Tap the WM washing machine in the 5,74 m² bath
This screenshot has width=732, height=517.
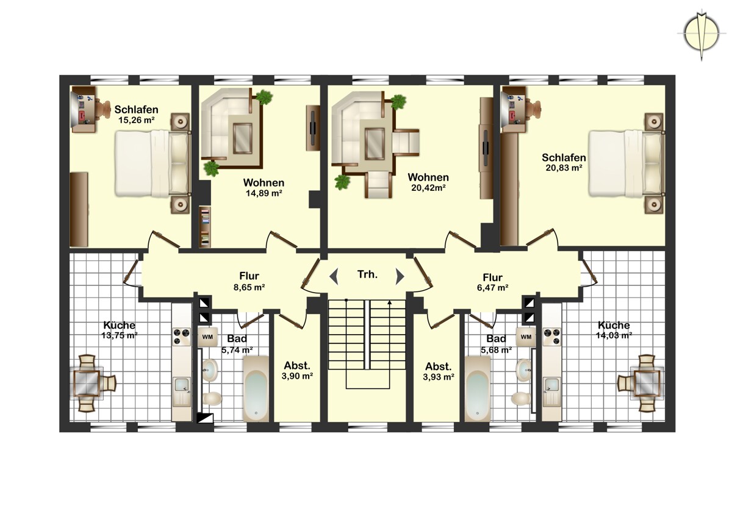[x=207, y=337]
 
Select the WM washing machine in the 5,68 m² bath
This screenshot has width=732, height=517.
[x=526, y=337]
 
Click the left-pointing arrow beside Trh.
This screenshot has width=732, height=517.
[x=334, y=277]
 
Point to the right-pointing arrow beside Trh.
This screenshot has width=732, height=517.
[x=400, y=277]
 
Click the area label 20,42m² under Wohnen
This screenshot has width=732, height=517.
[x=428, y=188]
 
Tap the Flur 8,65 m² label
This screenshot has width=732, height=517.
[x=249, y=282]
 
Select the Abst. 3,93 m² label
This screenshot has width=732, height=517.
[x=439, y=371]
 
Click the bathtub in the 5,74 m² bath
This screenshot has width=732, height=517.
[x=256, y=388]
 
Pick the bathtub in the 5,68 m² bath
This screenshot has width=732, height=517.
[x=478, y=388]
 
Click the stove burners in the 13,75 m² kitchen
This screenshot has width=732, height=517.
[x=182, y=337]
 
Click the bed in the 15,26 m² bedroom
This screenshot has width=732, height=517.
[x=153, y=163]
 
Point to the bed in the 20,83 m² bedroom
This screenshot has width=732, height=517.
[x=627, y=163]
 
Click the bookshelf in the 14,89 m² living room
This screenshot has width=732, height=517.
[x=205, y=227]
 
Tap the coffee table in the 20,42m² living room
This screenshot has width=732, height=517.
[x=375, y=144]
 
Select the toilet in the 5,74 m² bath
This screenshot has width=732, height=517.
[x=212, y=399]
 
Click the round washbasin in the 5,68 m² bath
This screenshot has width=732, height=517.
[x=524, y=370]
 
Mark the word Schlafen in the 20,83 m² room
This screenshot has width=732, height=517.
[x=564, y=158]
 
